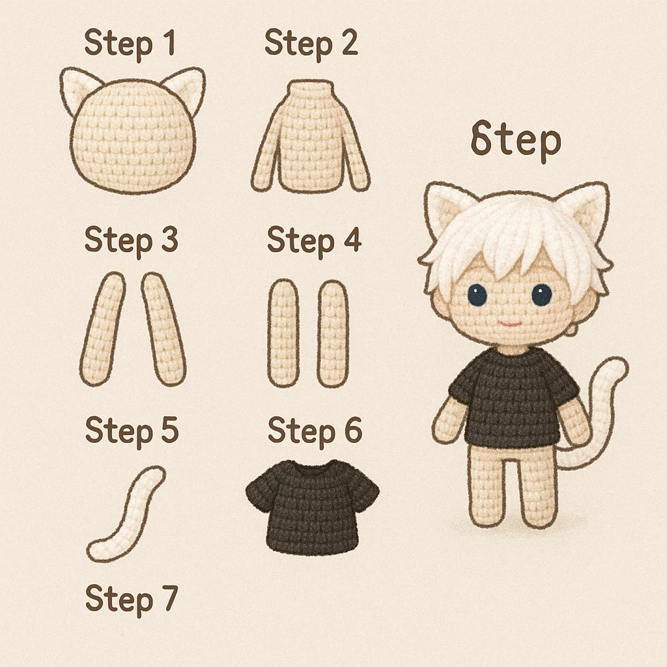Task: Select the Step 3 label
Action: (131, 240)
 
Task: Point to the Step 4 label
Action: (315, 240)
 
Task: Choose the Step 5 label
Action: (132, 431)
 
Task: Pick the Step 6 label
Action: (315, 431)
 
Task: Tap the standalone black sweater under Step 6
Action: (313, 507)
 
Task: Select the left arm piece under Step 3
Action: (102, 329)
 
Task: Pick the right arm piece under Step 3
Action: (163, 329)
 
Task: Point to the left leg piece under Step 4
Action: (283, 333)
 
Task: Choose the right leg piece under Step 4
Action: (333, 333)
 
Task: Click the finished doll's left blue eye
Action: (477, 295)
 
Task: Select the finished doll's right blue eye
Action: (541, 295)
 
